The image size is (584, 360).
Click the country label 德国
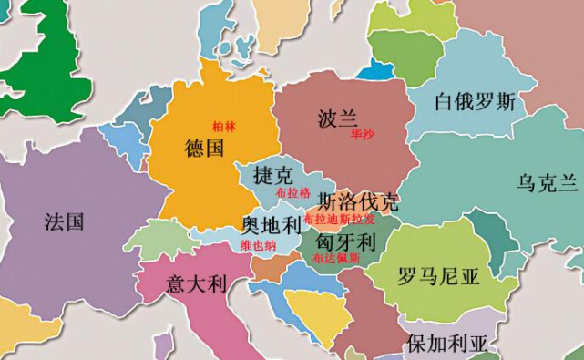[x=204, y=148]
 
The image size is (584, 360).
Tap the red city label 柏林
[x=223, y=127]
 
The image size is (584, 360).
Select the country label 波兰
[x=338, y=118]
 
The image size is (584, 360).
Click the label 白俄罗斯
[x=475, y=101]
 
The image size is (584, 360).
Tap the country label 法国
[x=64, y=221]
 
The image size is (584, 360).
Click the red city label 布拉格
[x=292, y=193]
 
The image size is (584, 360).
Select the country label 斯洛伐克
[x=358, y=201]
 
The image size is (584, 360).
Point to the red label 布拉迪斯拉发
[x=339, y=220]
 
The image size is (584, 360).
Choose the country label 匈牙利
[x=345, y=242]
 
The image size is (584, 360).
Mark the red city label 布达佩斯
[x=336, y=259]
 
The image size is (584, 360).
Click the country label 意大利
[x=196, y=283]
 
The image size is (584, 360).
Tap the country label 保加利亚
[x=447, y=344]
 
